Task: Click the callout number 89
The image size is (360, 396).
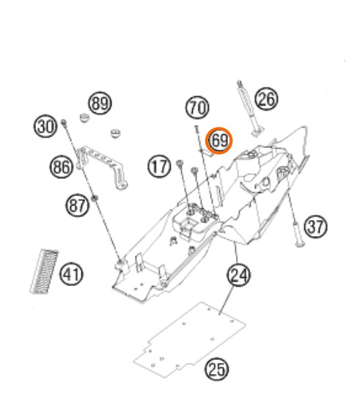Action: (x=100, y=103)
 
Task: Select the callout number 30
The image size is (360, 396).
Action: (x=45, y=126)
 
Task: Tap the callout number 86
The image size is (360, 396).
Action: (x=62, y=167)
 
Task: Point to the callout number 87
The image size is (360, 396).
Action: (x=78, y=205)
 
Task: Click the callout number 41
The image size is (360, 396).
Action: (x=71, y=274)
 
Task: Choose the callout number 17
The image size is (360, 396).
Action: (x=159, y=166)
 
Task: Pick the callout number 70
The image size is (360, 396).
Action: (x=197, y=107)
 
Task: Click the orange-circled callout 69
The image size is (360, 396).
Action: (x=218, y=140)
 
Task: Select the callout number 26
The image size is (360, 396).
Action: (x=266, y=99)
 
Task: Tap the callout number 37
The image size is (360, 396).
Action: (x=315, y=227)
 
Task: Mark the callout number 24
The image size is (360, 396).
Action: (x=239, y=275)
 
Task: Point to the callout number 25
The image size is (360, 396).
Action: (x=216, y=369)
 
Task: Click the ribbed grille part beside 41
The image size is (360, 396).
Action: (x=44, y=272)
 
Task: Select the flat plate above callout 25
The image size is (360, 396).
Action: (x=189, y=339)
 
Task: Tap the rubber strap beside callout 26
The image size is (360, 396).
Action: (x=250, y=109)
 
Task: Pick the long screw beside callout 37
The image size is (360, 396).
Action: (x=293, y=207)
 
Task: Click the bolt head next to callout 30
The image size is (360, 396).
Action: (x=64, y=122)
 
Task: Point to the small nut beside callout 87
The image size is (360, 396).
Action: (x=95, y=198)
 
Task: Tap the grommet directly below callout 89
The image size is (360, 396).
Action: (x=84, y=118)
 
